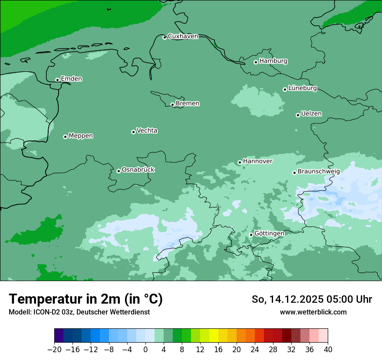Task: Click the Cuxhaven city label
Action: point(183,36)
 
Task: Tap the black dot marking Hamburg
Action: point(256,62)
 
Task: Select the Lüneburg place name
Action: point(303,88)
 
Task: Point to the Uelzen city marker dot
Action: point(298,115)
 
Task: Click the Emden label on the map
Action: point(71,79)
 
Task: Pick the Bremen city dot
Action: point(172,105)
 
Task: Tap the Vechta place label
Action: point(147,131)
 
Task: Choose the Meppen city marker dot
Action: point(65,137)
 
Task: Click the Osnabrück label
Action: point(138,170)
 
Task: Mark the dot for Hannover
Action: point(240,163)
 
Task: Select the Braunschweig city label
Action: point(319,171)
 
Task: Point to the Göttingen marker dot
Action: point(251,235)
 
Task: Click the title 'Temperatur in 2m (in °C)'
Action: point(86,299)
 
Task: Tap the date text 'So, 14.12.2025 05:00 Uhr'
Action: point(312,299)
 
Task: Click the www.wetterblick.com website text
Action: point(313,312)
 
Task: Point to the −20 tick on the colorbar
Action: point(54,349)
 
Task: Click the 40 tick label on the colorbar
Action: point(328,349)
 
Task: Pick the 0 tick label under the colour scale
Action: point(145,349)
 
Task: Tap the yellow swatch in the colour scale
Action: point(214,336)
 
